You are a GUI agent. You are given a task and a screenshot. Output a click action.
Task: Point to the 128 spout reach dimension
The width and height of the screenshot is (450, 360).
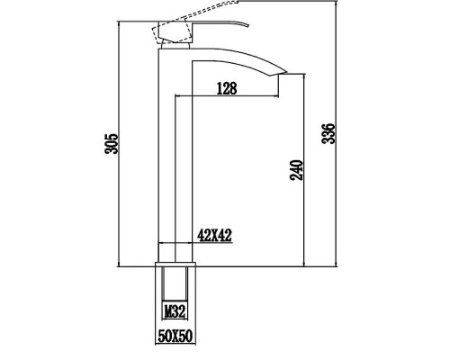coord(228,88)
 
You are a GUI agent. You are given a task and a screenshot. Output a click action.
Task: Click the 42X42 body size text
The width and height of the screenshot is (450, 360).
coord(216,236)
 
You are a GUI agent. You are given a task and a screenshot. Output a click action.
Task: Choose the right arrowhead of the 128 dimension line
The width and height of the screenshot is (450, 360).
coord(278,95)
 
